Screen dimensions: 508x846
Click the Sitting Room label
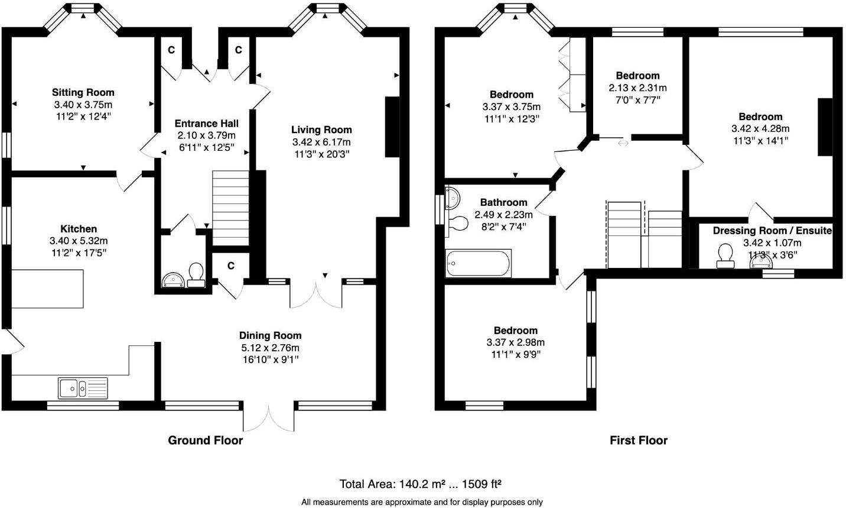(83, 92)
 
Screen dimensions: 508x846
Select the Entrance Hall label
(207, 124)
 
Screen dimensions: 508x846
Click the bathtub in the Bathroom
(478, 264)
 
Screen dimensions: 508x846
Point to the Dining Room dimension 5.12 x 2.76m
(270, 348)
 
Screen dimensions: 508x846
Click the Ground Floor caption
(205, 441)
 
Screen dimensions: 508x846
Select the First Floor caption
(638, 441)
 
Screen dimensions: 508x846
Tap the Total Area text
(420, 484)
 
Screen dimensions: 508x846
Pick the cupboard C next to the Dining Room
(231, 266)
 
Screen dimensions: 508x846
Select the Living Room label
(321, 130)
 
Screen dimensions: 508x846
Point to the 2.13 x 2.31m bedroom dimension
(637, 88)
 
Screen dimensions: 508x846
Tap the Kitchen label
(79, 229)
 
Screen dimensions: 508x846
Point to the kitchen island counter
(47, 289)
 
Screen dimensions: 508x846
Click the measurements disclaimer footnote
(422, 502)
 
